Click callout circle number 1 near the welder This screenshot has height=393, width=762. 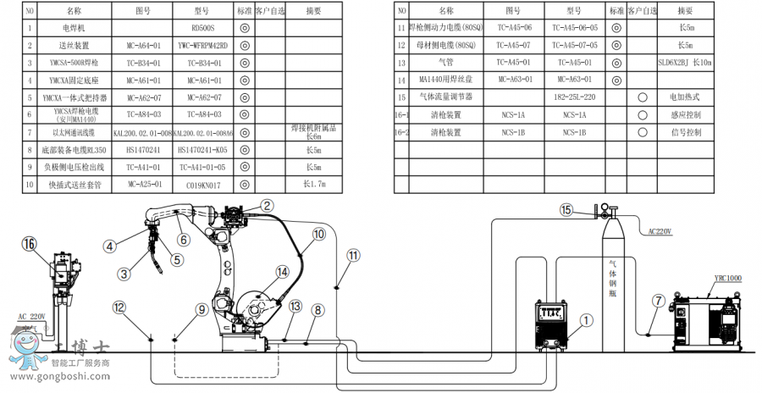coord(587,320)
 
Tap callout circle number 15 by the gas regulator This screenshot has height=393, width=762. coord(566,209)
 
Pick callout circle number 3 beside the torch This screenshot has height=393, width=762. coord(124,274)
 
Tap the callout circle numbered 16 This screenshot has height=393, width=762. coord(30,244)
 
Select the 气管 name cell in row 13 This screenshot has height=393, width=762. coord(446,62)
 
